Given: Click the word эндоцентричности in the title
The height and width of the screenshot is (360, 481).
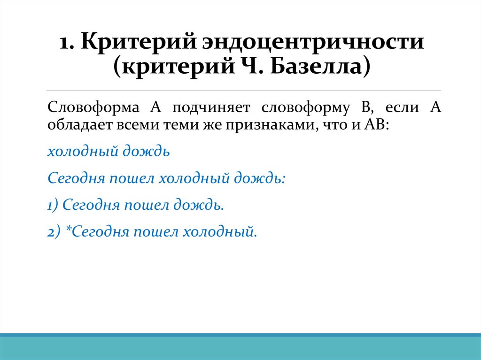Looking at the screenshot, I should click(313, 43).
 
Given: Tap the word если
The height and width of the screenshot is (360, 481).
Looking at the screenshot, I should click(403, 107).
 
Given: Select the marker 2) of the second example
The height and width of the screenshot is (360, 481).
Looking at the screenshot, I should click(54, 231).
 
